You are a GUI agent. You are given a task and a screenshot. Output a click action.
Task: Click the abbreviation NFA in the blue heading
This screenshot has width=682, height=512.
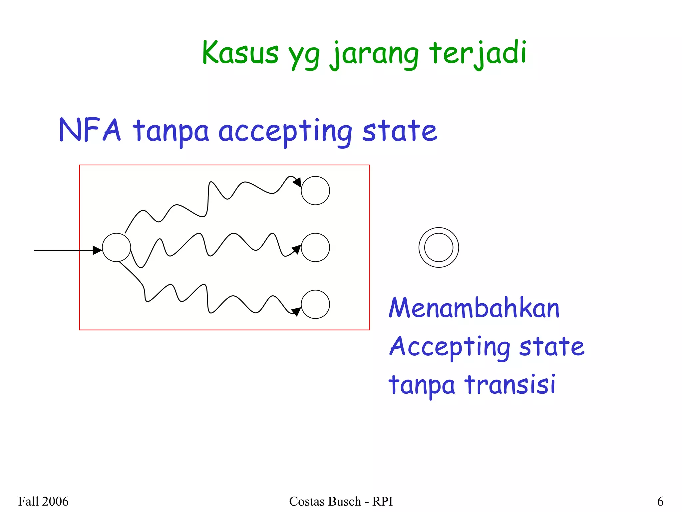(x=90, y=130)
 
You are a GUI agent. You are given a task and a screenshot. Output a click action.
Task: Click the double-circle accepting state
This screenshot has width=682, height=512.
(x=439, y=247)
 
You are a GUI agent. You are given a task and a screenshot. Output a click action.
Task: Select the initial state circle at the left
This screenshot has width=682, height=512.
(x=116, y=247)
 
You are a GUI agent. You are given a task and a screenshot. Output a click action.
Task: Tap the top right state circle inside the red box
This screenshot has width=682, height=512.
(x=315, y=191)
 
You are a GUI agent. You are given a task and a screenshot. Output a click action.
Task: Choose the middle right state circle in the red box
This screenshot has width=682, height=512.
(x=315, y=247)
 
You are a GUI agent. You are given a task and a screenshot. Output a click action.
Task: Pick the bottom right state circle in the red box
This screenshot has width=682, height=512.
(x=315, y=304)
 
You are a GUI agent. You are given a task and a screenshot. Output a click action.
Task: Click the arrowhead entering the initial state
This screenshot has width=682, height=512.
(x=97, y=250)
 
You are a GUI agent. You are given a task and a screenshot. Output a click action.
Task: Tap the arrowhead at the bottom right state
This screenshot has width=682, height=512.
(x=296, y=311)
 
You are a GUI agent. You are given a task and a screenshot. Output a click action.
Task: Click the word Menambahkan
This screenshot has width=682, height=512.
(x=474, y=308)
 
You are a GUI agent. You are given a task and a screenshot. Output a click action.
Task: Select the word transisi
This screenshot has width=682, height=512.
(x=510, y=384)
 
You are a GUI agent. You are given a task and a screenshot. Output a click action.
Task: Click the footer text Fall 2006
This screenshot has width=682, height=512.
(x=43, y=501)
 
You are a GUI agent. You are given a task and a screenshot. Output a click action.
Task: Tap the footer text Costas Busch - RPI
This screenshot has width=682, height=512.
(x=341, y=501)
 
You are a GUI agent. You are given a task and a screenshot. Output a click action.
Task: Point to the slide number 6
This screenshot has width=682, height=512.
(x=660, y=501)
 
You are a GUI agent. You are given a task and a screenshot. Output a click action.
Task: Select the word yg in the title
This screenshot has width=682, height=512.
(x=304, y=55)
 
